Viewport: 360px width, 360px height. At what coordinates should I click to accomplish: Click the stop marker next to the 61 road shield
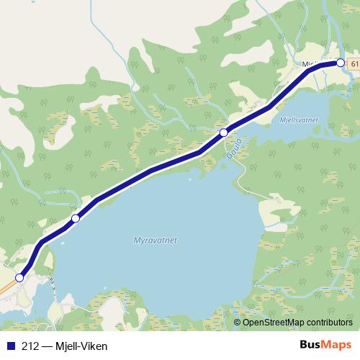341,63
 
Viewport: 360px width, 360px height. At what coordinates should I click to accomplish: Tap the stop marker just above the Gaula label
224,132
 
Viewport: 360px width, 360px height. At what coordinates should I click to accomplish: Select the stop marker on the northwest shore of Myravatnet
76,218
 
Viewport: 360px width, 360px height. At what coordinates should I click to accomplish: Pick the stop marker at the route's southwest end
20,277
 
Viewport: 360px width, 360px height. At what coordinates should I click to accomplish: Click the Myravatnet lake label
156,240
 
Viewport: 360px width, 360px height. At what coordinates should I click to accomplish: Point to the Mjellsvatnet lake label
302,121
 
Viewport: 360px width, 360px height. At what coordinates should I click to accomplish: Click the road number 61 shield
354,64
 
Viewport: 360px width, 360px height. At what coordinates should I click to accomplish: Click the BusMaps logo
325,346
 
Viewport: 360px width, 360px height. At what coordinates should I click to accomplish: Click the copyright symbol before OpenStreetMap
238,322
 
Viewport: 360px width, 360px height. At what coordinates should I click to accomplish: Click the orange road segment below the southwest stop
6,287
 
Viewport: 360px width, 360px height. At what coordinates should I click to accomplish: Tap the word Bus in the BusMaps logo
312,346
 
